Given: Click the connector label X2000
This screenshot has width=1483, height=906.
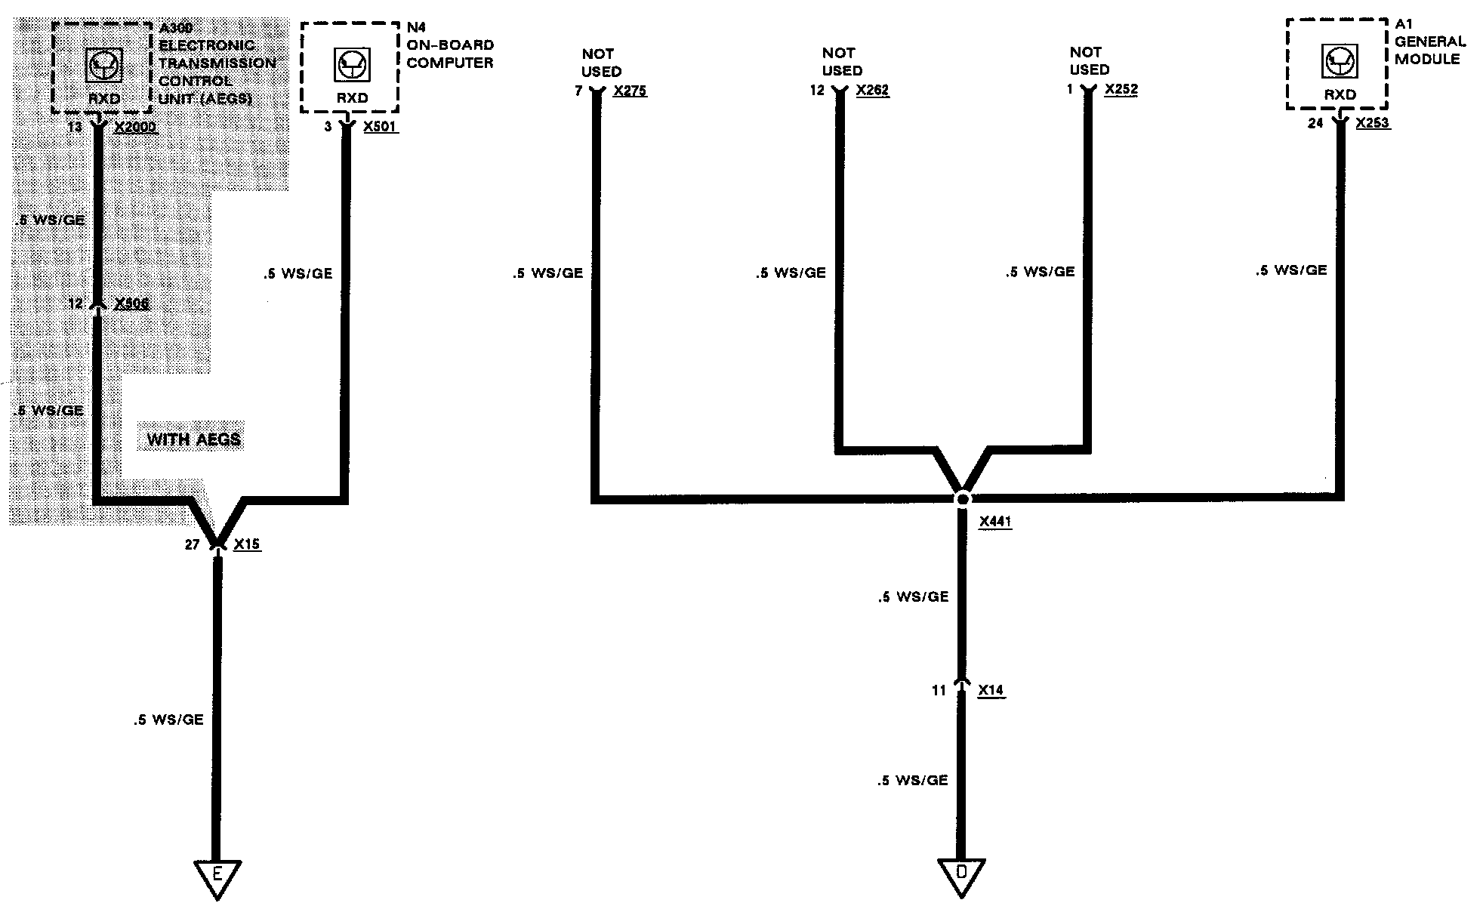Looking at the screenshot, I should tap(135, 127).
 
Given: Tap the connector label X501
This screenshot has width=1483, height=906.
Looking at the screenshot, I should tap(379, 127).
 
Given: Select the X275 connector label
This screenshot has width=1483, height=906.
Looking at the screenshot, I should tap(630, 91).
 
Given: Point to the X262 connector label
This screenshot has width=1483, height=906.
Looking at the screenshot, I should tap(872, 91).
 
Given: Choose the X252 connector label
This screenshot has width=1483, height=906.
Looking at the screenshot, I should tap(1121, 89).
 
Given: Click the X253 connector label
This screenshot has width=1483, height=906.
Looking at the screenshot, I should tap(1372, 122).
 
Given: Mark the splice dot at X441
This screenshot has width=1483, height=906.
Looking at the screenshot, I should tap(962, 499).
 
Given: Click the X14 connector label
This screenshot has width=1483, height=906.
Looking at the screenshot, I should tap(991, 690).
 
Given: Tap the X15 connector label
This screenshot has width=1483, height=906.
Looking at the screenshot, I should tap(247, 544).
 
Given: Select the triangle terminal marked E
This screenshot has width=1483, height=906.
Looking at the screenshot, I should tap(217, 876).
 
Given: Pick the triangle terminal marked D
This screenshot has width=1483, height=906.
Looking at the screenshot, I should tap(961, 874).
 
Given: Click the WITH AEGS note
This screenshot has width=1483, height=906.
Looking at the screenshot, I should tap(193, 439).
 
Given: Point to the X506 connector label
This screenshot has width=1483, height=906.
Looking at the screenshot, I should tap(131, 304).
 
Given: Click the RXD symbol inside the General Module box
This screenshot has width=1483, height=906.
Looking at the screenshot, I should tap(1340, 61).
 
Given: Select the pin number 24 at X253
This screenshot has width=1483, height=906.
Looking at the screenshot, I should tap(1315, 123).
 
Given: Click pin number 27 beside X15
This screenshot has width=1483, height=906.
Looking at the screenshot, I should tap(192, 544).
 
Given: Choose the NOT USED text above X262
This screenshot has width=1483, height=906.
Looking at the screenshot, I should tap(841, 62).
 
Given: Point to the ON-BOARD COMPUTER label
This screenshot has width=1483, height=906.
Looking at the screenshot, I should tap(450, 54).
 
